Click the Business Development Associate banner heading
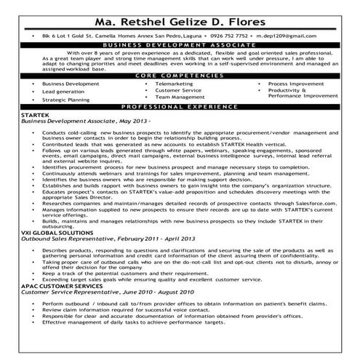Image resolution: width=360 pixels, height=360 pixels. coord(180,45)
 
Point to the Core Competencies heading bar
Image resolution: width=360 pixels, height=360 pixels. coord(180,76)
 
